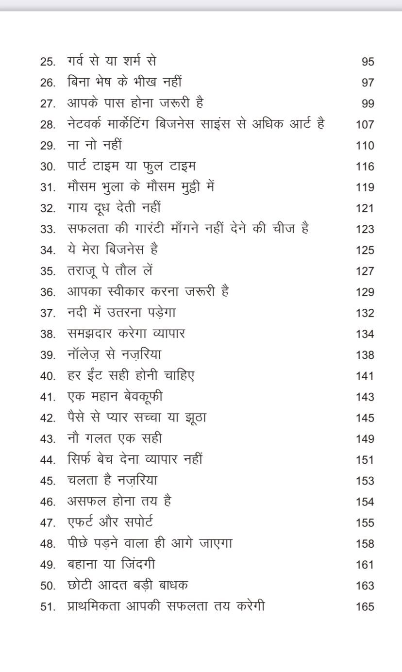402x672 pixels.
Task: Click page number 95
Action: tap(368, 62)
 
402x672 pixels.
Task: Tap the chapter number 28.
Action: tap(48, 124)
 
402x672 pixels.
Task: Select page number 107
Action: tap(365, 124)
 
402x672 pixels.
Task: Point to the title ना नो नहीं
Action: tap(94, 145)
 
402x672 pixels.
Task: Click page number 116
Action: tap(365, 167)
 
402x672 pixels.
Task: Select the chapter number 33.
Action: tap(48, 229)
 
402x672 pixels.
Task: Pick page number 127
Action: tap(365, 271)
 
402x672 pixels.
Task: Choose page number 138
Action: tap(365, 355)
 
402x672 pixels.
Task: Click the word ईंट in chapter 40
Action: tap(100, 375)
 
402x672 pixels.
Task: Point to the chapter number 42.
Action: tap(48, 418)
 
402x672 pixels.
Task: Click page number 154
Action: tap(365, 502)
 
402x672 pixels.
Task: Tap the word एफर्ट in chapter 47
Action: tap(84, 522)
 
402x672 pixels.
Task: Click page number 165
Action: tap(365, 606)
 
